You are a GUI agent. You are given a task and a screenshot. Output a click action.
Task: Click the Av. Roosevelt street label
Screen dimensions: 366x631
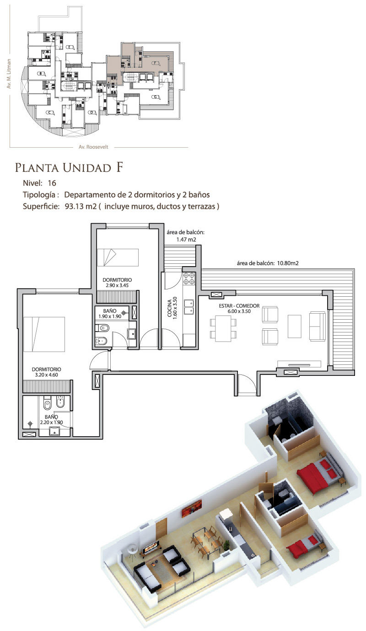(93, 147)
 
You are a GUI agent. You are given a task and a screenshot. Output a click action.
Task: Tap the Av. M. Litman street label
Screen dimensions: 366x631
(9, 74)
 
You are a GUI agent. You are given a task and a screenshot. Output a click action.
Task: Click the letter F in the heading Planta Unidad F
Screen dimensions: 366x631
(119, 167)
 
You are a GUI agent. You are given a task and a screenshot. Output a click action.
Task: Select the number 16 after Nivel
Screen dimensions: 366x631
(52, 183)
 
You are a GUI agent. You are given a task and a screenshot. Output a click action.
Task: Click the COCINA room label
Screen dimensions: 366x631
(170, 308)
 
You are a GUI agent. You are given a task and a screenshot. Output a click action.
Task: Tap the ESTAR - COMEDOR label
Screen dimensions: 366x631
(239, 305)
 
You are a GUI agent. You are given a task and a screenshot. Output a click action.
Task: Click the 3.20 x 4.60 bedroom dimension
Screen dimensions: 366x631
(47, 375)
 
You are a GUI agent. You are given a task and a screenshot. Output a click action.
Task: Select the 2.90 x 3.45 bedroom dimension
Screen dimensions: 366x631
(117, 285)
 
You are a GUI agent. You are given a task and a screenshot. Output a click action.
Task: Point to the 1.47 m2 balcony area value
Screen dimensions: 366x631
(186, 240)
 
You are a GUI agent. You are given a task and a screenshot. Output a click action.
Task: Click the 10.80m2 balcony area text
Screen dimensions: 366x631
(288, 263)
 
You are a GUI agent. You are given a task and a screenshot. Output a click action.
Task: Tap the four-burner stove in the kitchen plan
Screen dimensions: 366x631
(189, 278)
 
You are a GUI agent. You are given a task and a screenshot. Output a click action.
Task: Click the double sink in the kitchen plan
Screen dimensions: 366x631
(189, 307)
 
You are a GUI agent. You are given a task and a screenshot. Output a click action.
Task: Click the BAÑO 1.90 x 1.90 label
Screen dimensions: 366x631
(110, 314)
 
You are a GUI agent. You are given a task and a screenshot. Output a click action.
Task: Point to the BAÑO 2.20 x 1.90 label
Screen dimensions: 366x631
(51, 419)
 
